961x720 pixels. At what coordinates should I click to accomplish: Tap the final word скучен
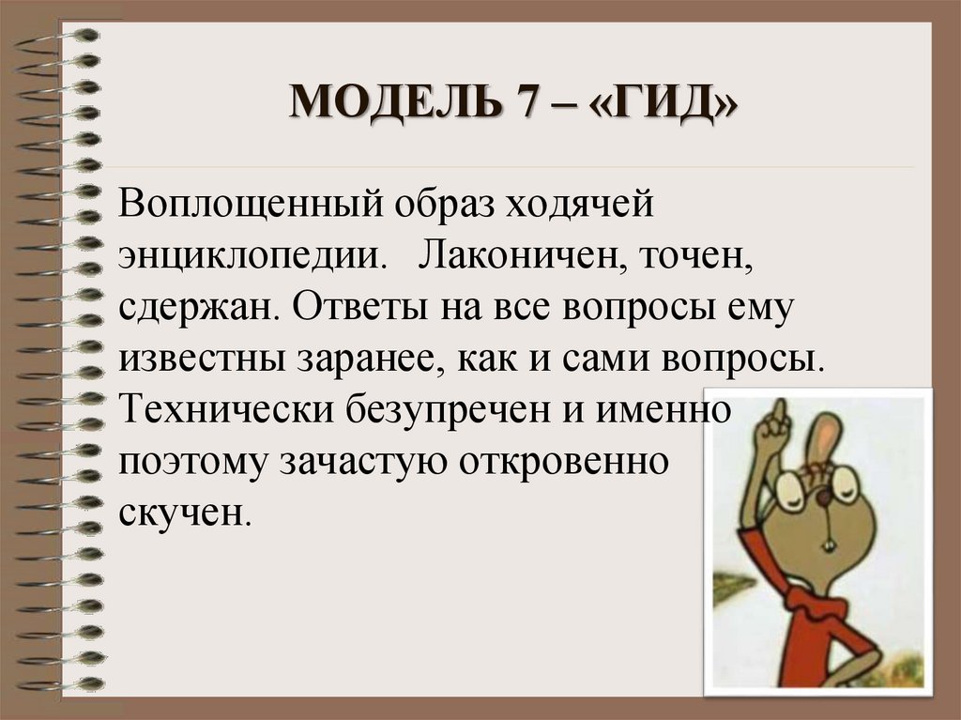click(x=185, y=514)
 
